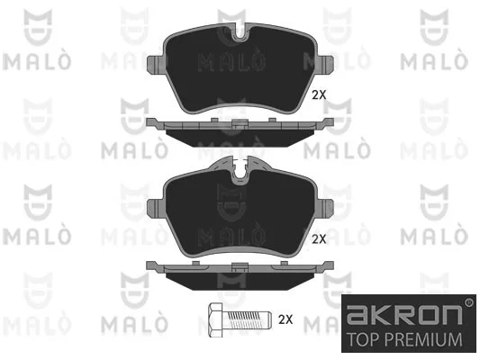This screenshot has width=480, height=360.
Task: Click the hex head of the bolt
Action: [x=216, y=320]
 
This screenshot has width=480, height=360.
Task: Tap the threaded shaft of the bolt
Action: [x=248, y=319]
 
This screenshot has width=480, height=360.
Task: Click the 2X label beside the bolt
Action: [x=285, y=319]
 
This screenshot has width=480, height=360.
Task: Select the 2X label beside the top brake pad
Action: [x=319, y=95]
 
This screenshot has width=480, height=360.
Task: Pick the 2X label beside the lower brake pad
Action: [x=319, y=238]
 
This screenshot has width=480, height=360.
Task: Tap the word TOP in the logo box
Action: [x=363, y=339]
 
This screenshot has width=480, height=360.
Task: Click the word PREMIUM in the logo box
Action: [x=422, y=339]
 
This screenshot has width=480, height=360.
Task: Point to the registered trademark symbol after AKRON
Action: [x=468, y=302]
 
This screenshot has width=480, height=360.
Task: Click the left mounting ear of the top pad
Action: [x=156, y=65]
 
